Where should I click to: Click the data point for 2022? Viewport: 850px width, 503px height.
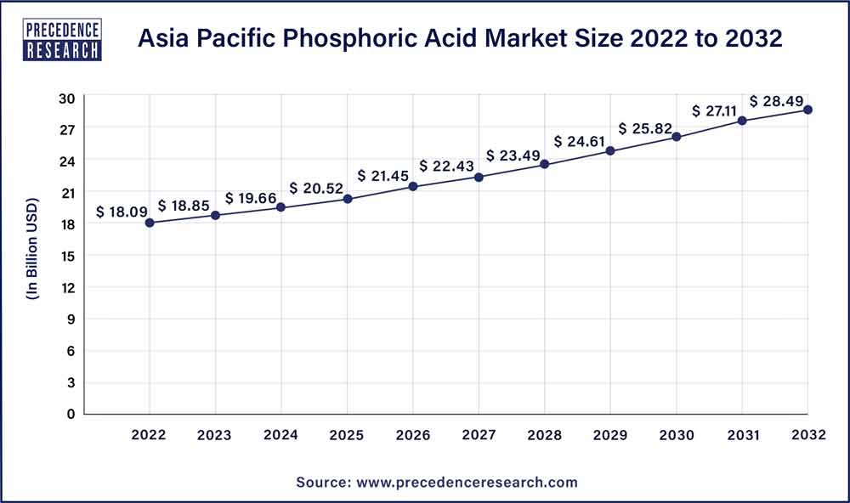[x=150, y=223]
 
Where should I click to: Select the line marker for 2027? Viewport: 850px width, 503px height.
[x=479, y=177]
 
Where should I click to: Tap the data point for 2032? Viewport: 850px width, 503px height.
[x=807, y=110]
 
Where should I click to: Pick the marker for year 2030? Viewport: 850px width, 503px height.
[x=677, y=137]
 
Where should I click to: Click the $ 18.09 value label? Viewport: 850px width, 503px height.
[x=124, y=212]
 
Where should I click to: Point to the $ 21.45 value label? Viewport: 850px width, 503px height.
[x=385, y=176]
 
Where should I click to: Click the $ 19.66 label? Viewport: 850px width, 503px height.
[x=253, y=198]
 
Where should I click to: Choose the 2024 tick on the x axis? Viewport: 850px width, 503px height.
[x=281, y=435]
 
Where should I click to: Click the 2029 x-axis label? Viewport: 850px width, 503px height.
[x=610, y=435]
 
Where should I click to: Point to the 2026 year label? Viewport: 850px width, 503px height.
[x=413, y=435]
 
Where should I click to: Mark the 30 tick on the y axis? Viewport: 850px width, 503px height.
[x=68, y=98]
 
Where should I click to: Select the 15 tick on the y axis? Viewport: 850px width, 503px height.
[x=68, y=256]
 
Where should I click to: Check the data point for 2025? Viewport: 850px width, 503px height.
[x=348, y=199]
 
